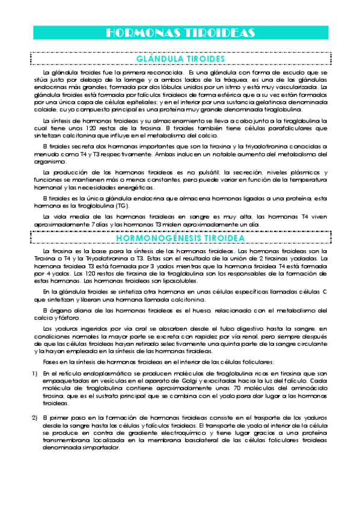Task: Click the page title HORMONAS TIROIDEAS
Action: [180, 32]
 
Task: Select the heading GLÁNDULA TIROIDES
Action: [180, 59]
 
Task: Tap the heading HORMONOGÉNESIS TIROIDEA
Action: [180, 238]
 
